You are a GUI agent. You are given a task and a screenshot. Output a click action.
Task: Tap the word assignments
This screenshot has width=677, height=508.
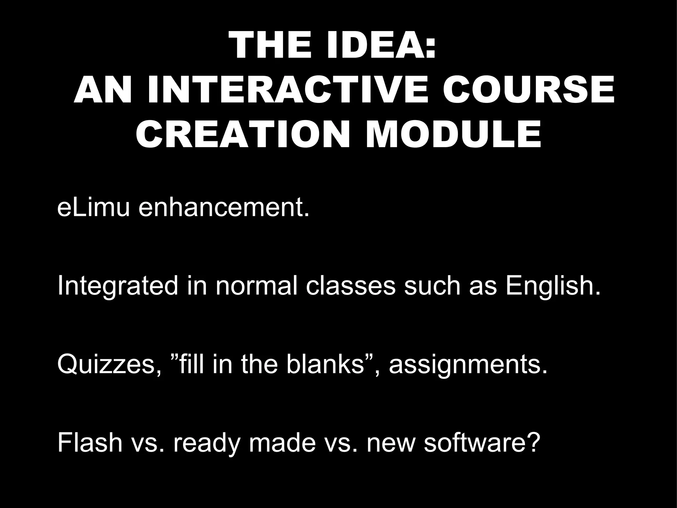[x=468, y=365]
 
